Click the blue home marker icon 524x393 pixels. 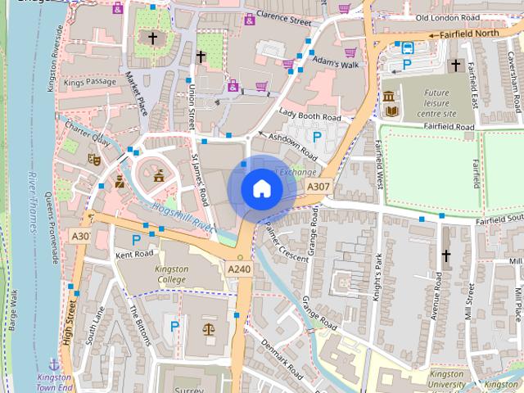coord(261,188)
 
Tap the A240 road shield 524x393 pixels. coord(239,269)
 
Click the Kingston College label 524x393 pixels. coord(171,274)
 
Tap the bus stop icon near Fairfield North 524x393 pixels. coord(407,47)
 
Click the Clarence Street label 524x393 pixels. coord(283,15)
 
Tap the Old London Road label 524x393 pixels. coord(446,17)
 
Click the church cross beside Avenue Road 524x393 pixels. coord(446,256)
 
